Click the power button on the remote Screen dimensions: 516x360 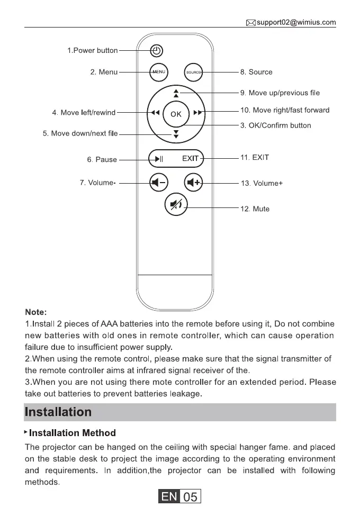[156, 51]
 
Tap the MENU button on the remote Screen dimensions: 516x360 [159, 71]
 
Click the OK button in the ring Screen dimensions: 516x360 [176, 113]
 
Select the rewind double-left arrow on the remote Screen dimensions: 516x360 [154, 113]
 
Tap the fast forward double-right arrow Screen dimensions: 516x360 [198, 113]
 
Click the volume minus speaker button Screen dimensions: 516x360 [158, 183]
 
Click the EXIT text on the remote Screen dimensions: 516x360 [191, 158]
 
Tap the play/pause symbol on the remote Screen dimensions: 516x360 [159, 158]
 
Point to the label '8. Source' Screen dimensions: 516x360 [256, 72]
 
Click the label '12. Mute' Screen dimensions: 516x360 [255, 209]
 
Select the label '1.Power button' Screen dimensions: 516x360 [92, 51]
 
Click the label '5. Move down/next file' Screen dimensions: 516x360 [80, 134]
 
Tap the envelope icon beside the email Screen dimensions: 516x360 [251, 22]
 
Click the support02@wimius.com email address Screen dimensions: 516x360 [296, 22]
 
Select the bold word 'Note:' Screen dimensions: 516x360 [36, 312]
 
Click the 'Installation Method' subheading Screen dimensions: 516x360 [72, 433]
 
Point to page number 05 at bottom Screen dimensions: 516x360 [190, 497]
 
